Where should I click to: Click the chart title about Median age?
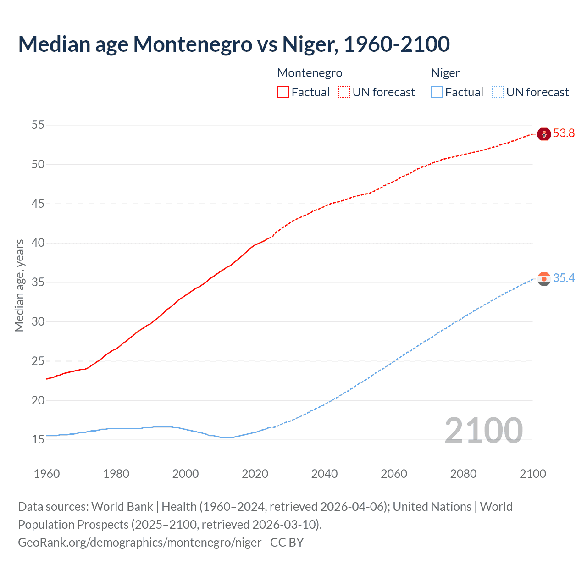pos(234,44)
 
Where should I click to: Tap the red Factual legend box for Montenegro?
pos(283,92)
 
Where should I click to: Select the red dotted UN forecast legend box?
pos(344,92)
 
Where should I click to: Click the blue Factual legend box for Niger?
pos(437,92)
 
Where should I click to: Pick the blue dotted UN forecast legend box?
pos(498,92)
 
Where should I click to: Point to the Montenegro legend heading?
pos(310,73)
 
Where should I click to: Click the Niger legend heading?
pos(445,73)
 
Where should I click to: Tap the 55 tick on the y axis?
pos(38,125)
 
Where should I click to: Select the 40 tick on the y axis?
pos(38,243)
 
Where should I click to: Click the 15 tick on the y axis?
pos(38,439)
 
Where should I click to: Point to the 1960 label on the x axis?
pos(47,474)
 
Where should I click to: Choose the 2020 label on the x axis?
pos(255,474)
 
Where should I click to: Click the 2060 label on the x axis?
pos(394,474)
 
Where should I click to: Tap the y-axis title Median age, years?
pos(19,285)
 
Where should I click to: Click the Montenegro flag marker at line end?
pos(544,134)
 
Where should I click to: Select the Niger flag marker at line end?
pos(544,279)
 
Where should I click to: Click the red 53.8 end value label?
pos(564,133)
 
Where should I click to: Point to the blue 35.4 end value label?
pos(564,278)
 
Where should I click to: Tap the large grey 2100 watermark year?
pos(484,431)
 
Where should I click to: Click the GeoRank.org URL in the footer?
pos(139,543)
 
